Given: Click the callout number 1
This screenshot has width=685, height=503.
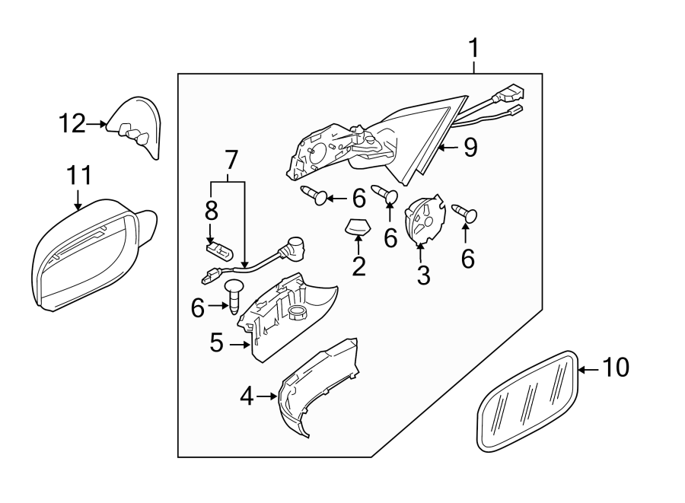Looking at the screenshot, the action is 473,49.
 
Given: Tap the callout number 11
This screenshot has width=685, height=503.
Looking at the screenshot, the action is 79,176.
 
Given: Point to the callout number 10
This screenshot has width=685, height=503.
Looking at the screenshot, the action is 616,368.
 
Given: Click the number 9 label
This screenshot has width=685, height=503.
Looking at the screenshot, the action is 470,148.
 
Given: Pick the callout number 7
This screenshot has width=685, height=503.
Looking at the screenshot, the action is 231,161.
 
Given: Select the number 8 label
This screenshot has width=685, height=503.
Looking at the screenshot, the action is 211,211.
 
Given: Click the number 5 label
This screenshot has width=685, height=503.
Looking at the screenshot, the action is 217,342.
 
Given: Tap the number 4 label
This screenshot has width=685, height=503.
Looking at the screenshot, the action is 247,396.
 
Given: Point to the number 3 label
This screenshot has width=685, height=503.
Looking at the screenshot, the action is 423,275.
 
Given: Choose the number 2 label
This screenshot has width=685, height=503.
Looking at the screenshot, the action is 358,266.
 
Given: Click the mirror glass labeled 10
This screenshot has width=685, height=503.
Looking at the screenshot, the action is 527,401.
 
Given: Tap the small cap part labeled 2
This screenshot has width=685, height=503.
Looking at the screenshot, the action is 358,227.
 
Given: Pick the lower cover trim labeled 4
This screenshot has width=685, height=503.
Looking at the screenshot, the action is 318,387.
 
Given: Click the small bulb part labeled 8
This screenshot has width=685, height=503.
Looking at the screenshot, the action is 219,250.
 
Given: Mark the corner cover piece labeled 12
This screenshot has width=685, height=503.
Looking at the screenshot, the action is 135,126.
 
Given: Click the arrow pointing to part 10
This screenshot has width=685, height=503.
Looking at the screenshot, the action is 588,369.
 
